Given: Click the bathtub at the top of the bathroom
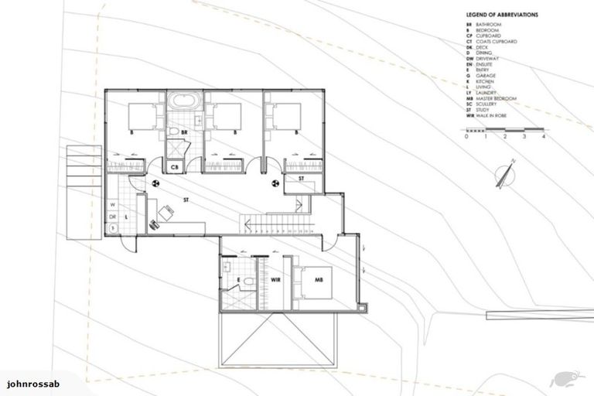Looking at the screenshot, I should (185, 100).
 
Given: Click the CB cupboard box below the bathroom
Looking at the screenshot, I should (175, 166).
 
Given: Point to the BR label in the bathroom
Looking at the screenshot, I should (185, 132).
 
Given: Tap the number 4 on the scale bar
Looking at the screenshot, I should (544, 136).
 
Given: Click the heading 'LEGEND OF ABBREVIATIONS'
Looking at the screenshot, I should (502, 15).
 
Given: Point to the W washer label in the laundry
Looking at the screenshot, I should (113, 205).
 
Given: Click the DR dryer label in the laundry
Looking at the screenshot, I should (113, 217).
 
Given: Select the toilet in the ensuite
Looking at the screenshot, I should (228, 266).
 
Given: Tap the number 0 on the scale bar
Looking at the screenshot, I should (467, 136).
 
